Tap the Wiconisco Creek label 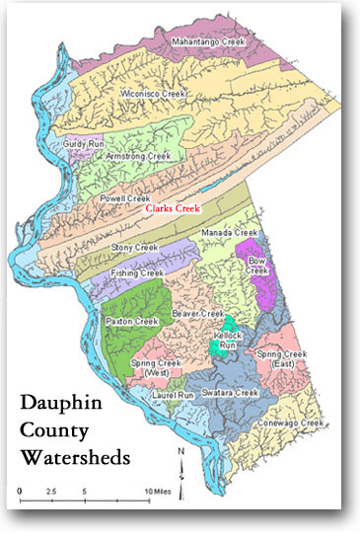[153, 94]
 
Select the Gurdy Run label [84, 143]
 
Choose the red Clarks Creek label [172, 209]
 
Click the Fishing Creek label [138, 272]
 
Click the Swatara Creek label [233, 392]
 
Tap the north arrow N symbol [182, 453]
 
